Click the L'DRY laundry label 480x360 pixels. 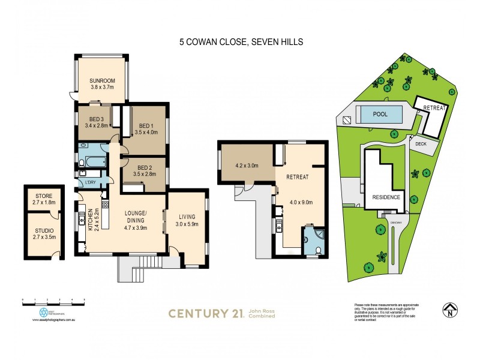pyautogui.click(x=91, y=182)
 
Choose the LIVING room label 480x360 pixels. pyautogui.click(x=187, y=217)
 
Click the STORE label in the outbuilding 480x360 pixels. pyautogui.click(x=44, y=196)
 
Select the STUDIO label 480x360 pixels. pyautogui.click(x=44, y=229)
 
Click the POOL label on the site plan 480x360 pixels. pyautogui.click(x=380, y=113)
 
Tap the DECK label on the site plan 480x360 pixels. pyautogui.click(x=419, y=145)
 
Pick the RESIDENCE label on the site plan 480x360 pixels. pyautogui.click(x=386, y=197)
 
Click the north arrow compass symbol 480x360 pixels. pyautogui.click(x=448, y=310)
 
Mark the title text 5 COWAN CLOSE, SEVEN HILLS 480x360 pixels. pyautogui.click(x=239, y=43)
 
